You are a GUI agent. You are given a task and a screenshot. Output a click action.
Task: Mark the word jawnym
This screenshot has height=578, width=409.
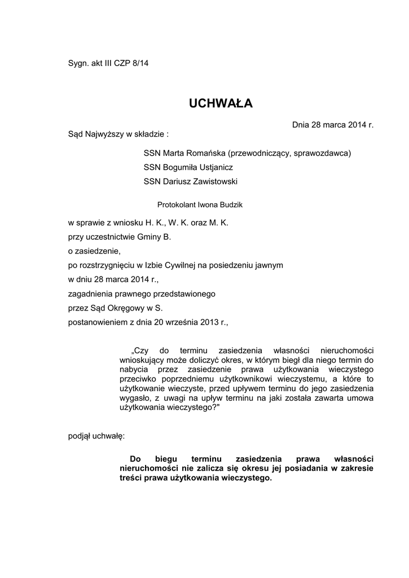click(x=270, y=265)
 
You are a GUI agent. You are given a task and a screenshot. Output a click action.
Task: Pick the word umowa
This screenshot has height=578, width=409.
click(x=360, y=397)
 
